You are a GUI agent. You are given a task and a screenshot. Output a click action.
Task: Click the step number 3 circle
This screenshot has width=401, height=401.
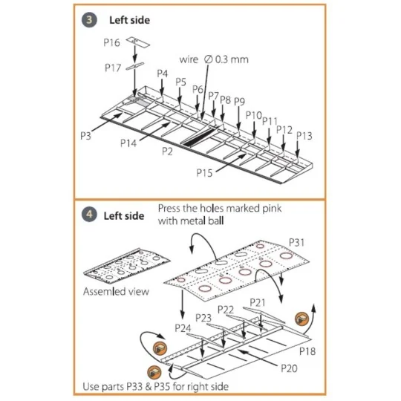click(x=89, y=21)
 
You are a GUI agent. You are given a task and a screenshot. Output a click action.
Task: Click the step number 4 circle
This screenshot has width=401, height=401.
click(x=89, y=215)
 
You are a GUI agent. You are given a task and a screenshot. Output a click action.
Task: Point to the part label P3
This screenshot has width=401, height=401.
click(x=86, y=136)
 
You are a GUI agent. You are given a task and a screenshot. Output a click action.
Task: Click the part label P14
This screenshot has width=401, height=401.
click(x=128, y=142)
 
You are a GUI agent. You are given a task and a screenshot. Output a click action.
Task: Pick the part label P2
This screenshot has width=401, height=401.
click(x=167, y=151)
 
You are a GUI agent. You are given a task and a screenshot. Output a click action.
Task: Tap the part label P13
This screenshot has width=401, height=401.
click(x=304, y=135)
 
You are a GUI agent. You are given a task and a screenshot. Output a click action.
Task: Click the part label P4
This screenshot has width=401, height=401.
click(x=163, y=74)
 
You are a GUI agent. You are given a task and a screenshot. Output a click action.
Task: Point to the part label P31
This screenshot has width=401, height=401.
click(x=297, y=242)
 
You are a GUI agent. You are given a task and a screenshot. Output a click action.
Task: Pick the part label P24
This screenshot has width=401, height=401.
click(x=183, y=327)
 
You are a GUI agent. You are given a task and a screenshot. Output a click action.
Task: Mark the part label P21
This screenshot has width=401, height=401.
click(x=257, y=302)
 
